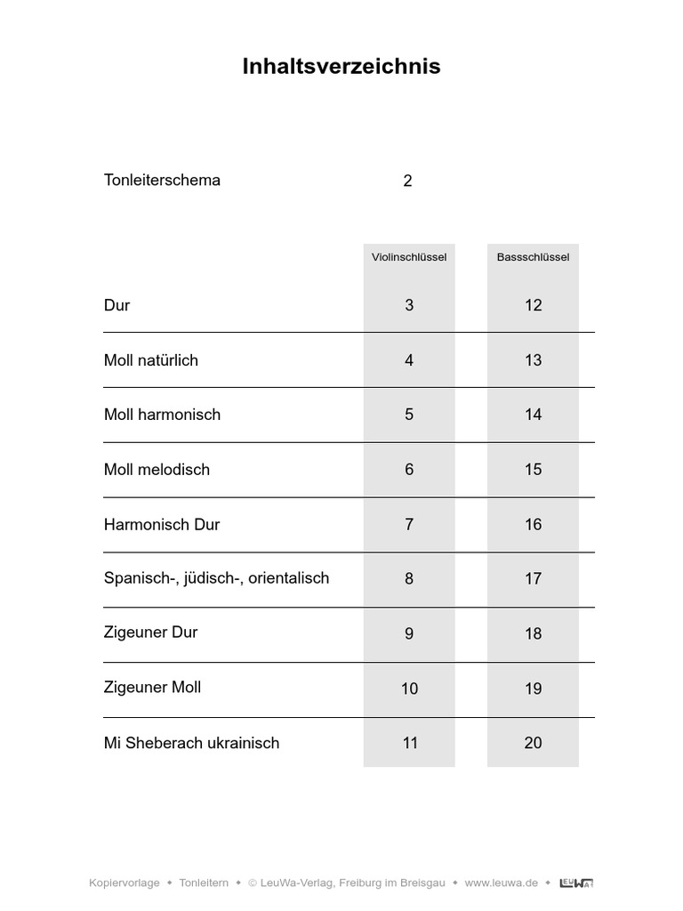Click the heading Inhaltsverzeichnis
tap(341, 67)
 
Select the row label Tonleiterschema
tap(162, 181)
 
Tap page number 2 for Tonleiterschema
tap(407, 181)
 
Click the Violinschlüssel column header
tap(409, 258)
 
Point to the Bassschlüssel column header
tap(533, 258)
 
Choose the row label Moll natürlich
tap(151, 360)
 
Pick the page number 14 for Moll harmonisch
tap(533, 415)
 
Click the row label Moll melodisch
tap(157, 470)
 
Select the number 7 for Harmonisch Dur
tap(409, 525)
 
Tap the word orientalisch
tap(289, 578)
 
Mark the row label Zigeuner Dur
tap(150, 633)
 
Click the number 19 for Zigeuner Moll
tap(533, 689)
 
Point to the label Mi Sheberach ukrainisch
tap(191, 743)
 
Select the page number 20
tap(533, 743)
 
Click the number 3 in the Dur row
tap(409, 305)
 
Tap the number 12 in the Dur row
tap(533, 305)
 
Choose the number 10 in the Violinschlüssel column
tap(409, 689)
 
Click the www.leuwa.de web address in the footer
tap(501, 883)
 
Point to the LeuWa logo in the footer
tap(576, 883)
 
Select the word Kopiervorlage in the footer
tap(125, 883)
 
